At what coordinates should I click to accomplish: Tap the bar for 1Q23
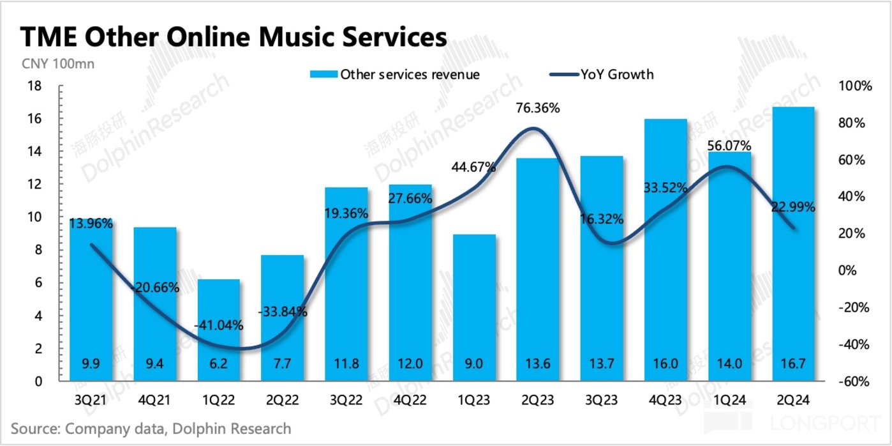[x=473, y=307]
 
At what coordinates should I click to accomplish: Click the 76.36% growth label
[x=538, y=108]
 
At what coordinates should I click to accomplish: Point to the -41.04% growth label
[x=218, y=325]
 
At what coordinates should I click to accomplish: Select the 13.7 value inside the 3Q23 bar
[x=601, y=364]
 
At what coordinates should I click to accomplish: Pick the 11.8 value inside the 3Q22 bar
[x=346, y=364]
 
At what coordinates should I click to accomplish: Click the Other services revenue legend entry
[x=396, y=75]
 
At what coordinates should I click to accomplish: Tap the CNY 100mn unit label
[x=52, y=64]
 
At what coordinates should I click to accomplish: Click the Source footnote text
[x=151, y=428]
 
